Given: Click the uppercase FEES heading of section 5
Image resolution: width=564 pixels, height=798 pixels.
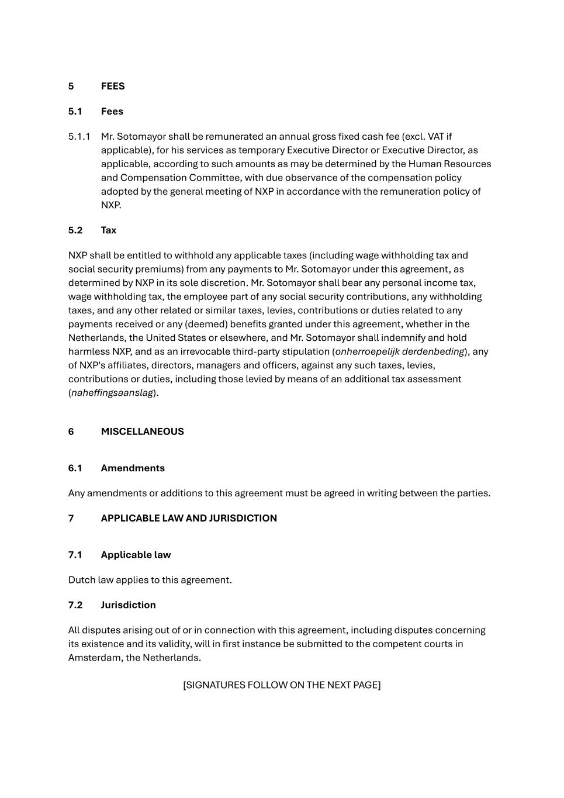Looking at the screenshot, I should (113, 86).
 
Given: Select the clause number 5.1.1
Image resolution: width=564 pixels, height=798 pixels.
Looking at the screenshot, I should (79, 136).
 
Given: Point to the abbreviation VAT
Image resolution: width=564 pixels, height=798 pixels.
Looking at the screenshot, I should (436, 136).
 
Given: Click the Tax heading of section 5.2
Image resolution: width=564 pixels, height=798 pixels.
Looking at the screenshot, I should (108, 230).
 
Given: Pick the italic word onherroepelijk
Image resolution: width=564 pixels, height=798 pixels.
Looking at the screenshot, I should (367, 351).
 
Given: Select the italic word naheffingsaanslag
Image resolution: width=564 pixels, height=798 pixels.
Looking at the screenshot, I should (112, 393).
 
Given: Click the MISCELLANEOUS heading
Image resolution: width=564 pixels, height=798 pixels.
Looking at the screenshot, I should (142, 431).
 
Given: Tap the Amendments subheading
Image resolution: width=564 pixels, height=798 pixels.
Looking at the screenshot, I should (133, 468).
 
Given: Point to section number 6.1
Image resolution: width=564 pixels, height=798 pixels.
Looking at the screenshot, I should (75, 468).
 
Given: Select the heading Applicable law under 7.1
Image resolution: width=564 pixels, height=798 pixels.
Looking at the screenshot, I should (136, 555).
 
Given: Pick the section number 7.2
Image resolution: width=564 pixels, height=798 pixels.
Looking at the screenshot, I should (75, 605).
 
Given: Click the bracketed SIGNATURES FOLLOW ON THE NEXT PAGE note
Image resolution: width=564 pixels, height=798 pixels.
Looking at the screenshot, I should (282, 685).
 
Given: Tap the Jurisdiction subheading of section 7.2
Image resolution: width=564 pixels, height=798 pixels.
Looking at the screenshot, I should (128, 605).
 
